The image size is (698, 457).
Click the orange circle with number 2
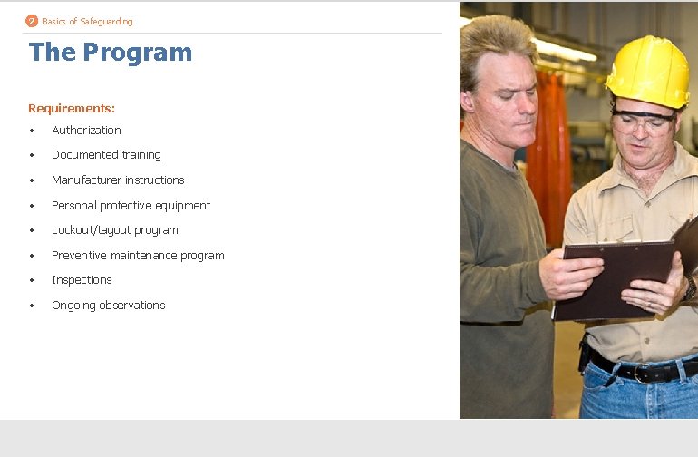32,21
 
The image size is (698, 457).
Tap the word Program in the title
137,53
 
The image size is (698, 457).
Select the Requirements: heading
72,108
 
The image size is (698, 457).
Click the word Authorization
86,131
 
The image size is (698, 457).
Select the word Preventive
80,256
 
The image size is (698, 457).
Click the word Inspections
82,280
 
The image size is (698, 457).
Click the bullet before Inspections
32,280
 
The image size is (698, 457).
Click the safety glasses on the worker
642,119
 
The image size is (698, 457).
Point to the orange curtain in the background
549,145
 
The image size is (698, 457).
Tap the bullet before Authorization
32,131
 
